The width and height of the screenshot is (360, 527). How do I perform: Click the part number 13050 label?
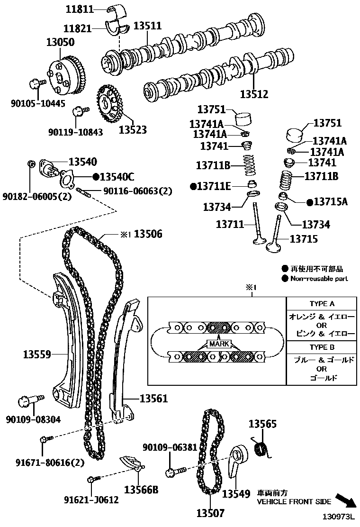pos(61,42)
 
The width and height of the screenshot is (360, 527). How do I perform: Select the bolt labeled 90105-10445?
pos(36,82)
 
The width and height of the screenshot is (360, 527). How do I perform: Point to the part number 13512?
pos(254,94)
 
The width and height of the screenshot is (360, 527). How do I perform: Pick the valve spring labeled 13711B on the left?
pos(249,165)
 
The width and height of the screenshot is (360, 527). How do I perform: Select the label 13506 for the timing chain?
pos(148,234)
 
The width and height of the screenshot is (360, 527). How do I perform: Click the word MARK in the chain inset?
pos(219,344)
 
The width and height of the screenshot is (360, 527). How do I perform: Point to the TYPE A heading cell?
pos(321,303)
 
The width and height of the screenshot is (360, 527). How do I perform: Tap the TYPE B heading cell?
pos(321,347)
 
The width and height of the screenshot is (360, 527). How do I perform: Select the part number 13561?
pos(153,399)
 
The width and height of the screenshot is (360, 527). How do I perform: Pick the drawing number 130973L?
pos(339,517)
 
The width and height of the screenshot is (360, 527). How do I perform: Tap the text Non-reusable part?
pos(319,278)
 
